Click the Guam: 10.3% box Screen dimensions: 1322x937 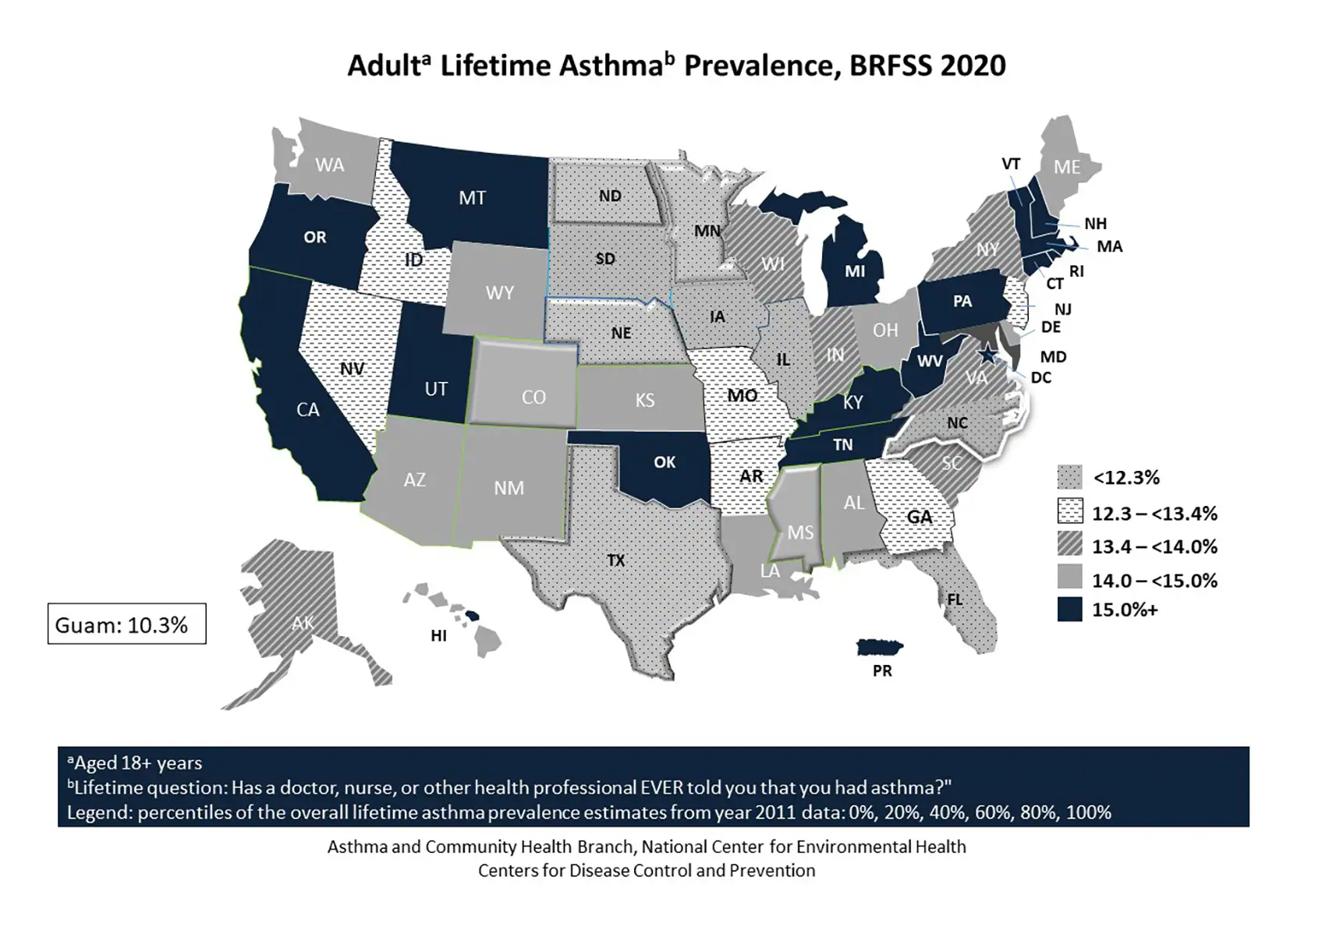coord(126,624)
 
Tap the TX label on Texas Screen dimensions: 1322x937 coord(615,560)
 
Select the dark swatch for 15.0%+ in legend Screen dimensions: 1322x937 coord(1069,610)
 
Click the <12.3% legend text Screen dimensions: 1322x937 coord(1125,478)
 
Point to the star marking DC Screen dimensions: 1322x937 coord(988,355)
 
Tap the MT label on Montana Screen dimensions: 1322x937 coord(472,198)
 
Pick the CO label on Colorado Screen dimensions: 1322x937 coord(533,398)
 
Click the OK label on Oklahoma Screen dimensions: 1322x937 coord(665,462)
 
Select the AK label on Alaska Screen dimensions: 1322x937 coord(303,623)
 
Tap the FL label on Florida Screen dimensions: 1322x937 coord(955,599)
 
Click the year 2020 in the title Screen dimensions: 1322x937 coord(973,65)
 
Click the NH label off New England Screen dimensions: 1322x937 coord(1095,224)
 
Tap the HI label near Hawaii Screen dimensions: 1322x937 coord(438,636)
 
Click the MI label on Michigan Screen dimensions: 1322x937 coord(855,271)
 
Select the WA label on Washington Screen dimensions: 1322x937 coord(329,165)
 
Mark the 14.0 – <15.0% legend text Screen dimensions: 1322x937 coord(1154,581)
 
